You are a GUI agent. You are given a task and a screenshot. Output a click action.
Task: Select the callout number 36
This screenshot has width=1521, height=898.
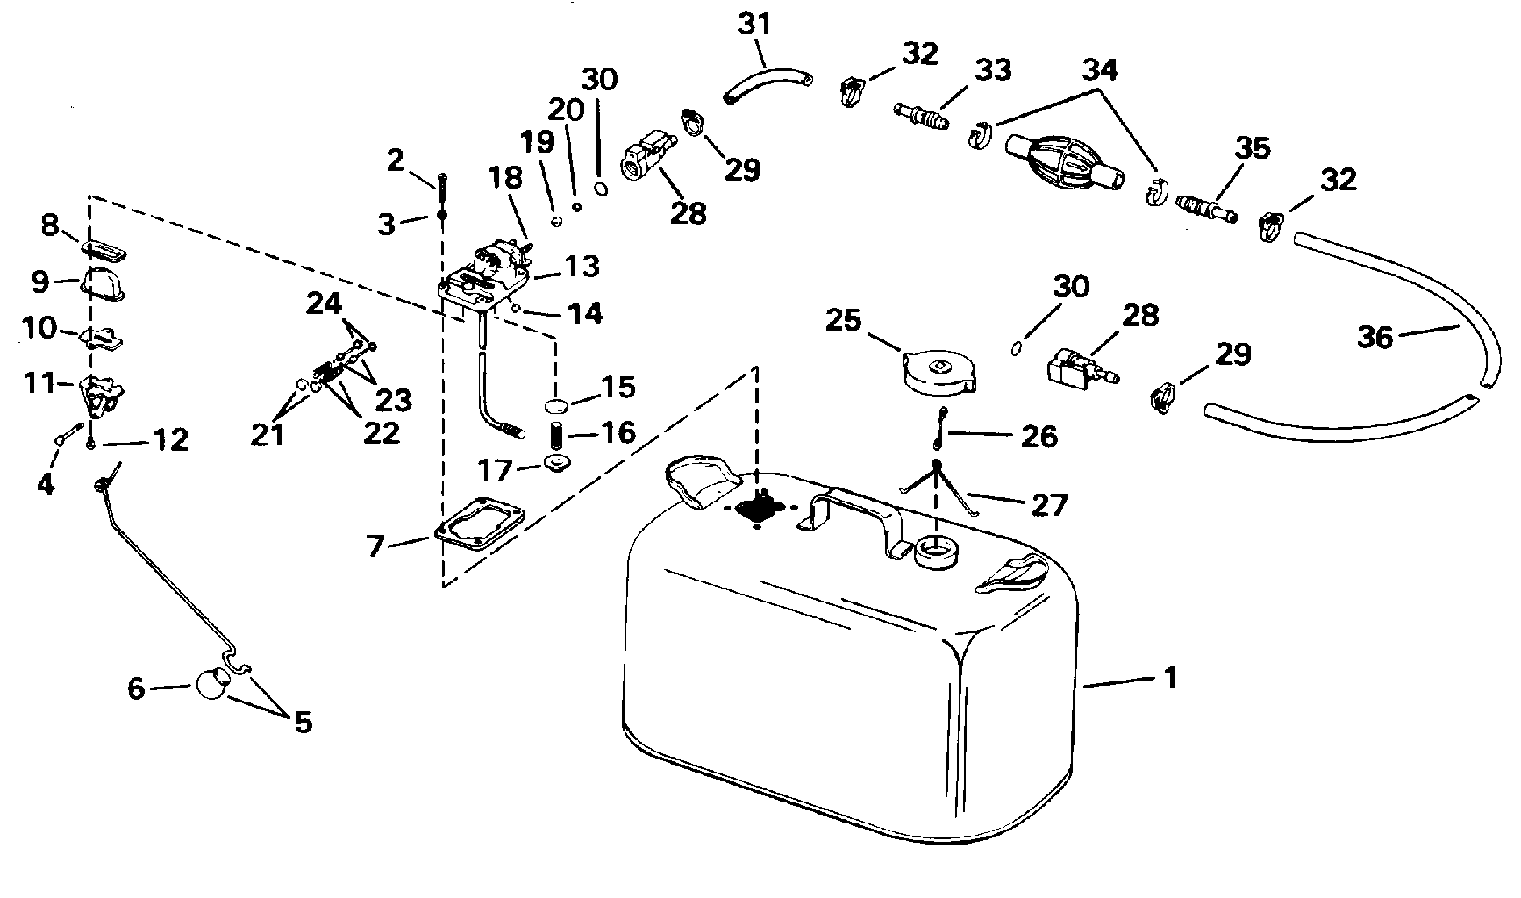[1375, 337]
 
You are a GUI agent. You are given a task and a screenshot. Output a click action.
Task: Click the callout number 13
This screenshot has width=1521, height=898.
[582, 267]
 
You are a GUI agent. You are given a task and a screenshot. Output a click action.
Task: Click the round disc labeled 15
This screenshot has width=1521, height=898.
[555, 405]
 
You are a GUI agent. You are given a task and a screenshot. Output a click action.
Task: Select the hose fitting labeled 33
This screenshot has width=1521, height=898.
[921, 116]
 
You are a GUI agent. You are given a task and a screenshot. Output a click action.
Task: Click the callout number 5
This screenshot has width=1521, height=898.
[302, 723]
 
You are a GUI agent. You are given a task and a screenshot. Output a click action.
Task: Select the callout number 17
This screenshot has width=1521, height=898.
[496, 471]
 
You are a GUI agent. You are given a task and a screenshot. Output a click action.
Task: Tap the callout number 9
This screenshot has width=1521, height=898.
[40, 282]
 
